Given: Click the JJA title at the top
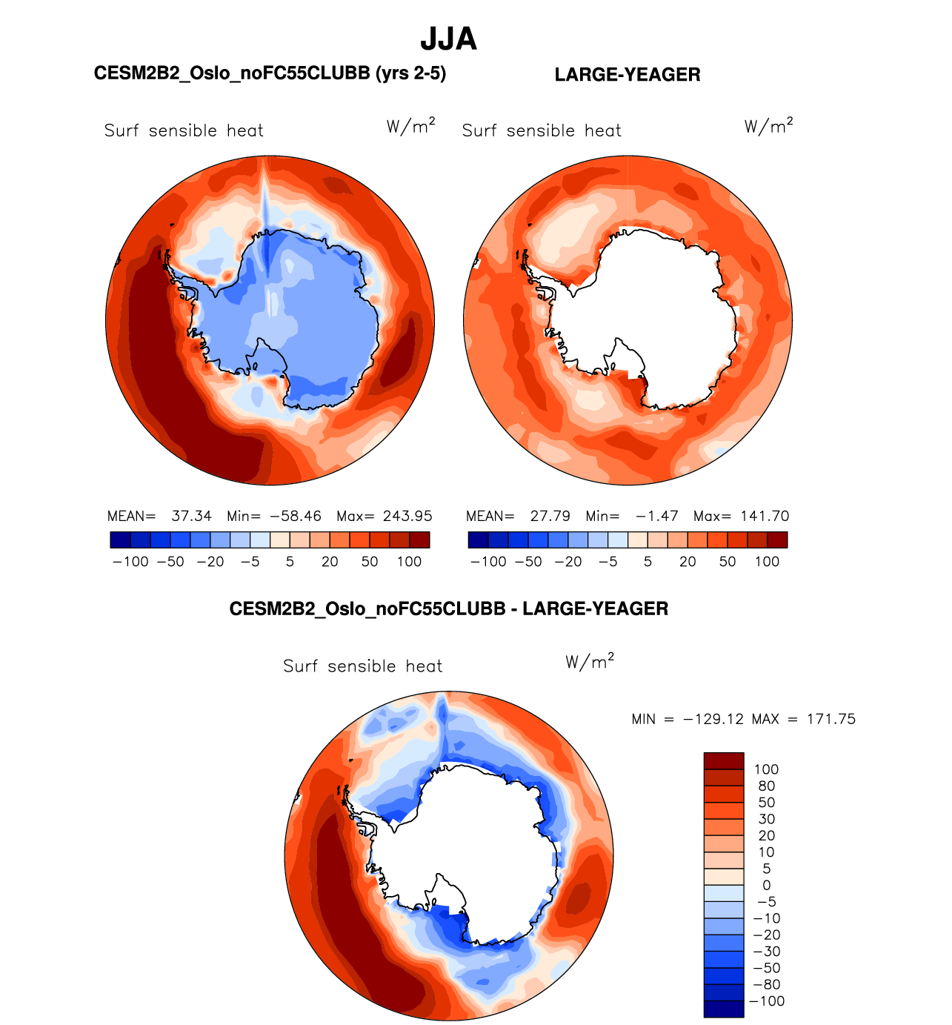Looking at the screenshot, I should tap(448, 39).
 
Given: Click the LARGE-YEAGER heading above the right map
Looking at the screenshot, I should tap(627, 75).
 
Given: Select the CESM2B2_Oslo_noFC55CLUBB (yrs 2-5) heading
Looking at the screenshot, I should tap(270, 73).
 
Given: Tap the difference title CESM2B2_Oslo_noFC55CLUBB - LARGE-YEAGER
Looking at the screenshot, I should tap(448, 609).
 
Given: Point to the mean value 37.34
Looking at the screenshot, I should tap(191, 516).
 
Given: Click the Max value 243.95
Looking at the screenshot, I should tap(407, 516).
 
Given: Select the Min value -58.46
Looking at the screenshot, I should tap(295, 516).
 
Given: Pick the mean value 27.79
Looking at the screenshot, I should tap(550, 516).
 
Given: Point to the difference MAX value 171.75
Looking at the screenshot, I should tap(832, 719).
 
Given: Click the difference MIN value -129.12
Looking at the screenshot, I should tap(713, 719).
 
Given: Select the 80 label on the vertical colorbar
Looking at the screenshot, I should tap(766, 786).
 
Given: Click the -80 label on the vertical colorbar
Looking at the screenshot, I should tap(766, 985).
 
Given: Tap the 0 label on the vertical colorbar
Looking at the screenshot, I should tap(766, 886).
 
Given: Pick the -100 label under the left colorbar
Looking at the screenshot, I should tap(130, 562).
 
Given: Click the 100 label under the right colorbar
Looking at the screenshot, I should tap(767, 562).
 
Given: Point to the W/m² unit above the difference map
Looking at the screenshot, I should tap(590, 662).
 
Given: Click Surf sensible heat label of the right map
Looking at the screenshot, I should tap(542, 131).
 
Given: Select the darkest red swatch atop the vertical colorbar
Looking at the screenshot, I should tap(723, 760).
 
